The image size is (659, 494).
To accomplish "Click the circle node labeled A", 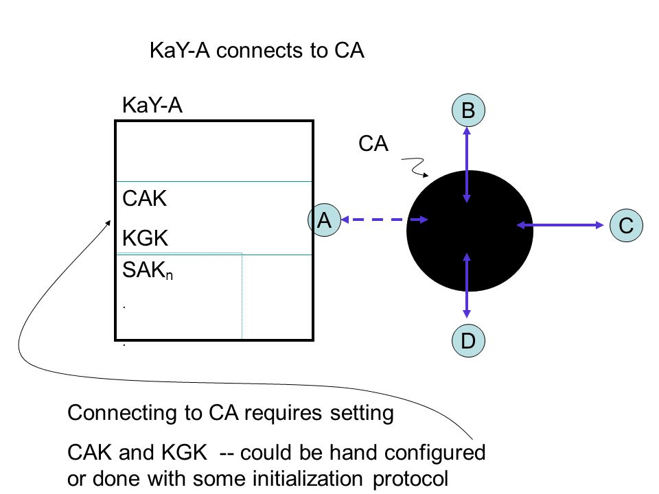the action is click(324, 220).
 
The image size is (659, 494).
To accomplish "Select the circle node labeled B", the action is click(468, 110).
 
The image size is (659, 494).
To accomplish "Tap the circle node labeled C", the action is click(626, 225).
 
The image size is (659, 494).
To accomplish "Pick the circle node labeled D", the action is click(468, 340).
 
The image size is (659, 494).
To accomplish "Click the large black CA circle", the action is click(470, 231).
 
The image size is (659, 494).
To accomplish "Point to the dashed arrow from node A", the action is click(384, 220).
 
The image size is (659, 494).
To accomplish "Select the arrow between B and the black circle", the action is click(467, 165).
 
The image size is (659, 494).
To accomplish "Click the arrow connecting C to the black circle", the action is click(560, 225).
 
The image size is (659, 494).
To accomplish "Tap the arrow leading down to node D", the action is click(467, 285).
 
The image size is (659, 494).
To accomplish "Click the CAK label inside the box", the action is click(144, 198).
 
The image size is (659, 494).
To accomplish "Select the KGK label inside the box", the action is click(145, 238).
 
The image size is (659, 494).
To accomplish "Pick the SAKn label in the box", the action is click(148, 270).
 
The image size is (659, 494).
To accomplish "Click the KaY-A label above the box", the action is click(152, 104).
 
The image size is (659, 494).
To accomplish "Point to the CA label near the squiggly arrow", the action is click(373, 143).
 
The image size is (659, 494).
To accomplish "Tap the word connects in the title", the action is click(259, 51).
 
